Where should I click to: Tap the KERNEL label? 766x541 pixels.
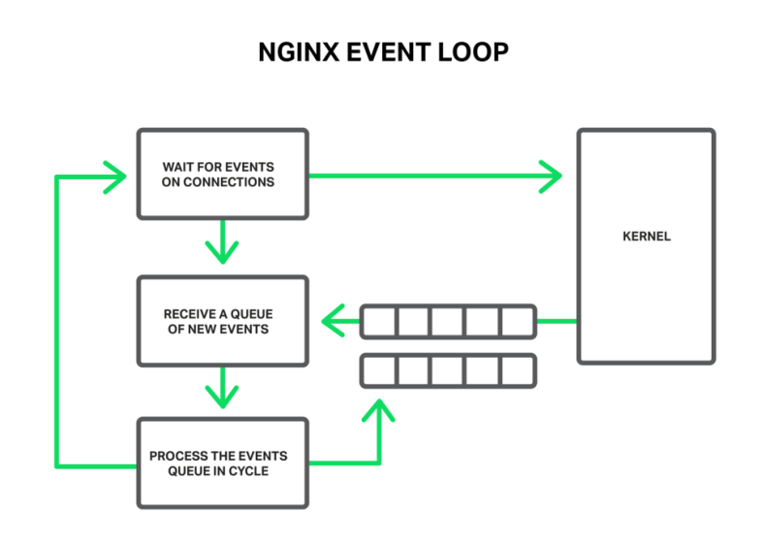point(646,237)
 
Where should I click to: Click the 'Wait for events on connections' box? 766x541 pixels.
point(222,173)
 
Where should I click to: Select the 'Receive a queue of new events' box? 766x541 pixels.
point(222,321)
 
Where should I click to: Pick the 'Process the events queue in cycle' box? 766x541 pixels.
point(222,463)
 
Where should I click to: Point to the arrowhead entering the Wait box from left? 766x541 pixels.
point(117,175)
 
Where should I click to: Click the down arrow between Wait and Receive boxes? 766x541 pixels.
point(222,247)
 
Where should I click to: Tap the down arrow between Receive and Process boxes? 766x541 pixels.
point(222,391)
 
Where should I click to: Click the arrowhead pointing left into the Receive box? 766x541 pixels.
point(334,321)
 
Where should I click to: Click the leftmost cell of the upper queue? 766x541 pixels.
point(379,321)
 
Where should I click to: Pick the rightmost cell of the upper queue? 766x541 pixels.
point(517,321)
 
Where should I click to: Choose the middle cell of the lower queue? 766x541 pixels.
point(448,370)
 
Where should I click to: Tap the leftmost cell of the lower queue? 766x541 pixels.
point(379,370)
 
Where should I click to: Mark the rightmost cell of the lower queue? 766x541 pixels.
point(517,370)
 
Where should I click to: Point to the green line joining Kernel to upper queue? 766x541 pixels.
point(557,321)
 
